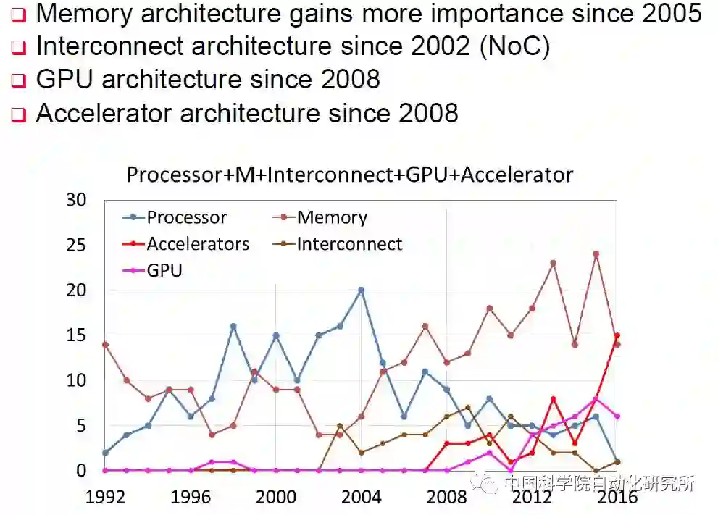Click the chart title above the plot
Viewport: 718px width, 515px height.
(x=350, y=175)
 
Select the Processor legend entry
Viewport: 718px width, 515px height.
(x=186, y=217)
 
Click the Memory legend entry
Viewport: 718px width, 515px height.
(x=332, y=217)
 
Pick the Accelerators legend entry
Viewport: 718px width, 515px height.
(x=197, y=244)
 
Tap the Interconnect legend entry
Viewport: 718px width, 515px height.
(x=349, y=244)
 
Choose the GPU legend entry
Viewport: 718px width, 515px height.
(x=164, y=271)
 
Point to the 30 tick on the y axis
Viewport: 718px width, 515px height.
(x=75, y=200)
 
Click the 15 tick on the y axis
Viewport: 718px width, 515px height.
(x=75, y=335)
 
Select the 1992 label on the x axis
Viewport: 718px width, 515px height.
(x=106, y=497)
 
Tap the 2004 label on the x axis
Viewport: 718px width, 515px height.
(x=361, y=497)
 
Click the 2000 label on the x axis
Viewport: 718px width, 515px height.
(x=276, y=497)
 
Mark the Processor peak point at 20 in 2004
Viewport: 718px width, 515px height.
(x=361, y=290)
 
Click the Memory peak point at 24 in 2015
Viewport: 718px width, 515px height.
(x=596, y=254)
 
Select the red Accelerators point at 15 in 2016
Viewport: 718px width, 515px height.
(x=617, y=335)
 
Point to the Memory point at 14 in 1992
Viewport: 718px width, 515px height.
(x=106, y=345)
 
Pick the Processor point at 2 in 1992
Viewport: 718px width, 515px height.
(x=106, y=453)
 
